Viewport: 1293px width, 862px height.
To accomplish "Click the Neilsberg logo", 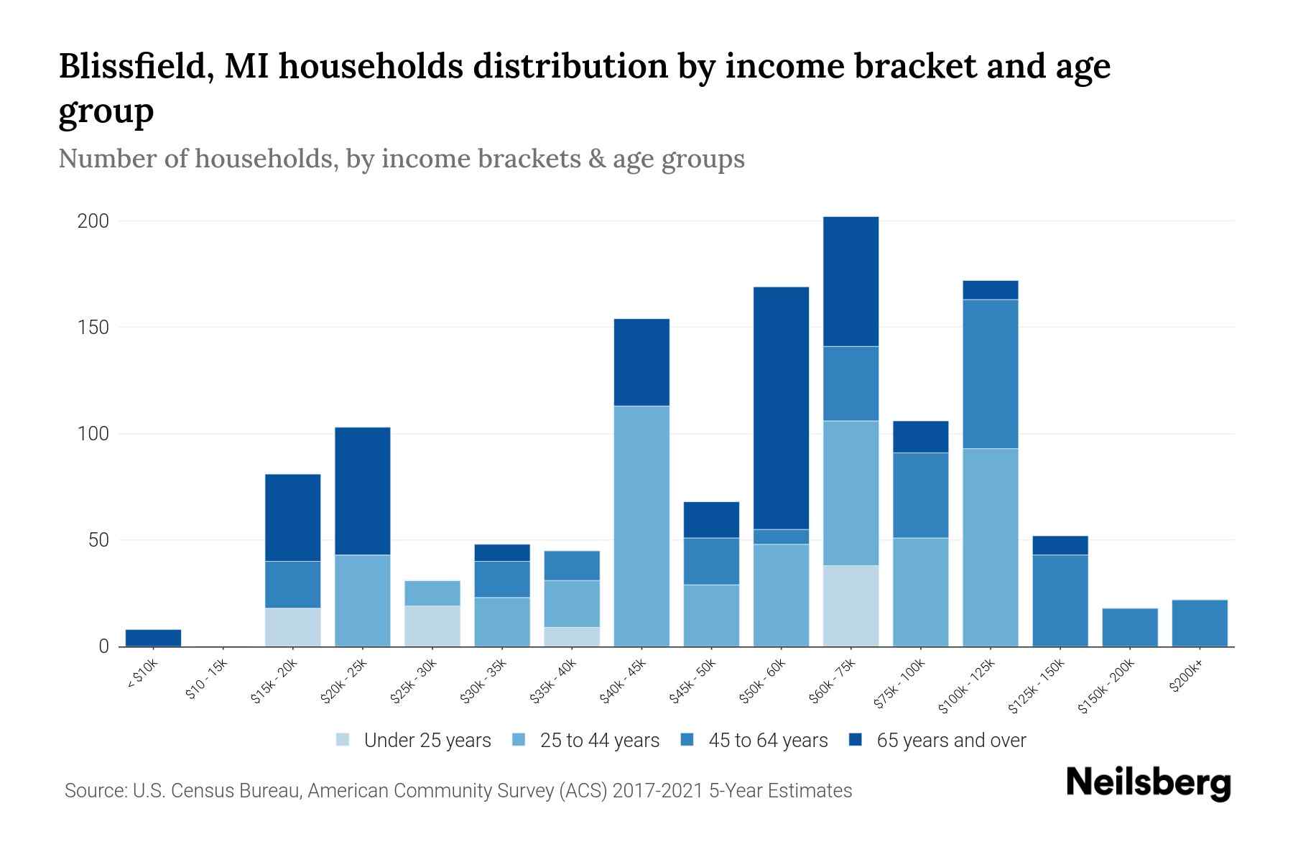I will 1148,783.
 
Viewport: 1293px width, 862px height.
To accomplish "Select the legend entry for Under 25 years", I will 427,741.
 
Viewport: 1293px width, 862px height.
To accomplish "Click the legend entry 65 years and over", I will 950,741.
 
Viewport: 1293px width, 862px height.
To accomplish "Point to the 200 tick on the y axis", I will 93,221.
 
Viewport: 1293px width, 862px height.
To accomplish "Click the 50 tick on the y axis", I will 98,540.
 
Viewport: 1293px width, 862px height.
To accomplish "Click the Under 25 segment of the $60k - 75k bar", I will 851,606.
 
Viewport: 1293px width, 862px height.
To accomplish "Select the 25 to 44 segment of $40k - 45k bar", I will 641,526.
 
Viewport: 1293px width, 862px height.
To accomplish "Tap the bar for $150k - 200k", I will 1130,627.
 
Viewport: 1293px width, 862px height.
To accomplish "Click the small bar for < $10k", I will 153,638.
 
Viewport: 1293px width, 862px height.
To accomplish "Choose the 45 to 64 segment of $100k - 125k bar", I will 990,374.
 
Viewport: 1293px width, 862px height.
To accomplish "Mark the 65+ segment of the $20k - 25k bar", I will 362,491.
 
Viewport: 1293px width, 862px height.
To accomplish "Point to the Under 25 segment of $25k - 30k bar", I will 432,626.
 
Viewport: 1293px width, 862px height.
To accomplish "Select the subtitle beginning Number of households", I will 401,159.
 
